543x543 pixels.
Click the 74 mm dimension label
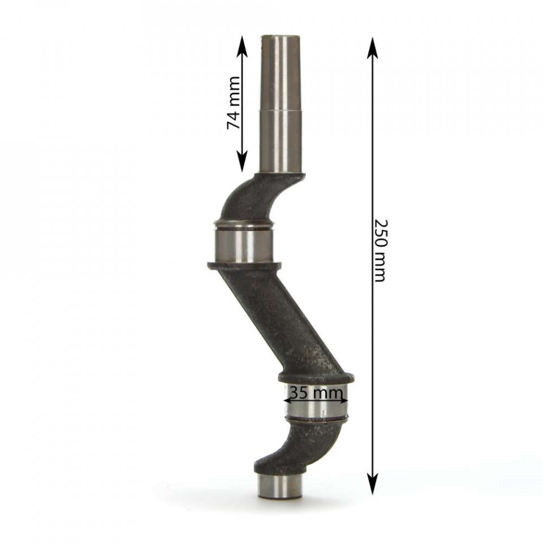(233, 103)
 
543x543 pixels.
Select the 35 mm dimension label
(316, 393)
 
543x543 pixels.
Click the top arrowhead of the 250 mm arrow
(372, 47)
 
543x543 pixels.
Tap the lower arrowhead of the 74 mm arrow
(243, 161)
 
